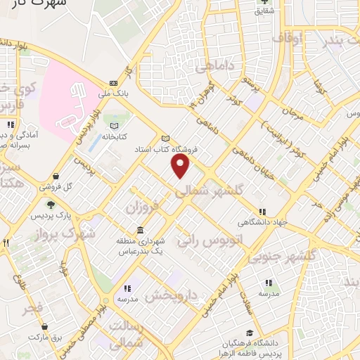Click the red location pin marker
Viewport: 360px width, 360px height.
click(181, 166)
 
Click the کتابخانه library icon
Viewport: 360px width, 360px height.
click(113, 126)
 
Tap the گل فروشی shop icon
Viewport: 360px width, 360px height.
click(56, 176)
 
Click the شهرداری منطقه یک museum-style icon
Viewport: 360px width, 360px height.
click(140, 231)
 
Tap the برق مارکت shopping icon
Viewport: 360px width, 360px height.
click(45, 327)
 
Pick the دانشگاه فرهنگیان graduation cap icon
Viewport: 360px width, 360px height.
click(249, 333)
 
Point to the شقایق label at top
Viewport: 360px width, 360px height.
click(264, 12)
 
